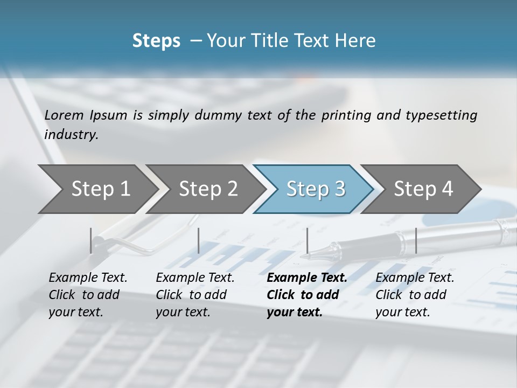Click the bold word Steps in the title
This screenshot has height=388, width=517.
[x=156, y=40]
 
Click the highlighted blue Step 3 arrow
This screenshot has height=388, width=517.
[x=316, y=189]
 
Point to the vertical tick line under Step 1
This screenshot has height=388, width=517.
[x=91, y=240]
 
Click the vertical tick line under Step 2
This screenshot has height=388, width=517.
[x=199, y=240]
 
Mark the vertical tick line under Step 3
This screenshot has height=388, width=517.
[x=308, y=240]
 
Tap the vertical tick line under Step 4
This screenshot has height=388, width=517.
[x=416, y=240]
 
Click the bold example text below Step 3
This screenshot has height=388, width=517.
[x=307, y=295]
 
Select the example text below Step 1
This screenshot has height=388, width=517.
[x=88, y=295]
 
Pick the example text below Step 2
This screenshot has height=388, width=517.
[x=195, y=295]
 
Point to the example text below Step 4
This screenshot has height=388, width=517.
[x=415, y=295]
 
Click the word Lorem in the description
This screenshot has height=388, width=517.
[x=64, y=115]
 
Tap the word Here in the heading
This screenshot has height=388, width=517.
[x=357, y=40]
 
